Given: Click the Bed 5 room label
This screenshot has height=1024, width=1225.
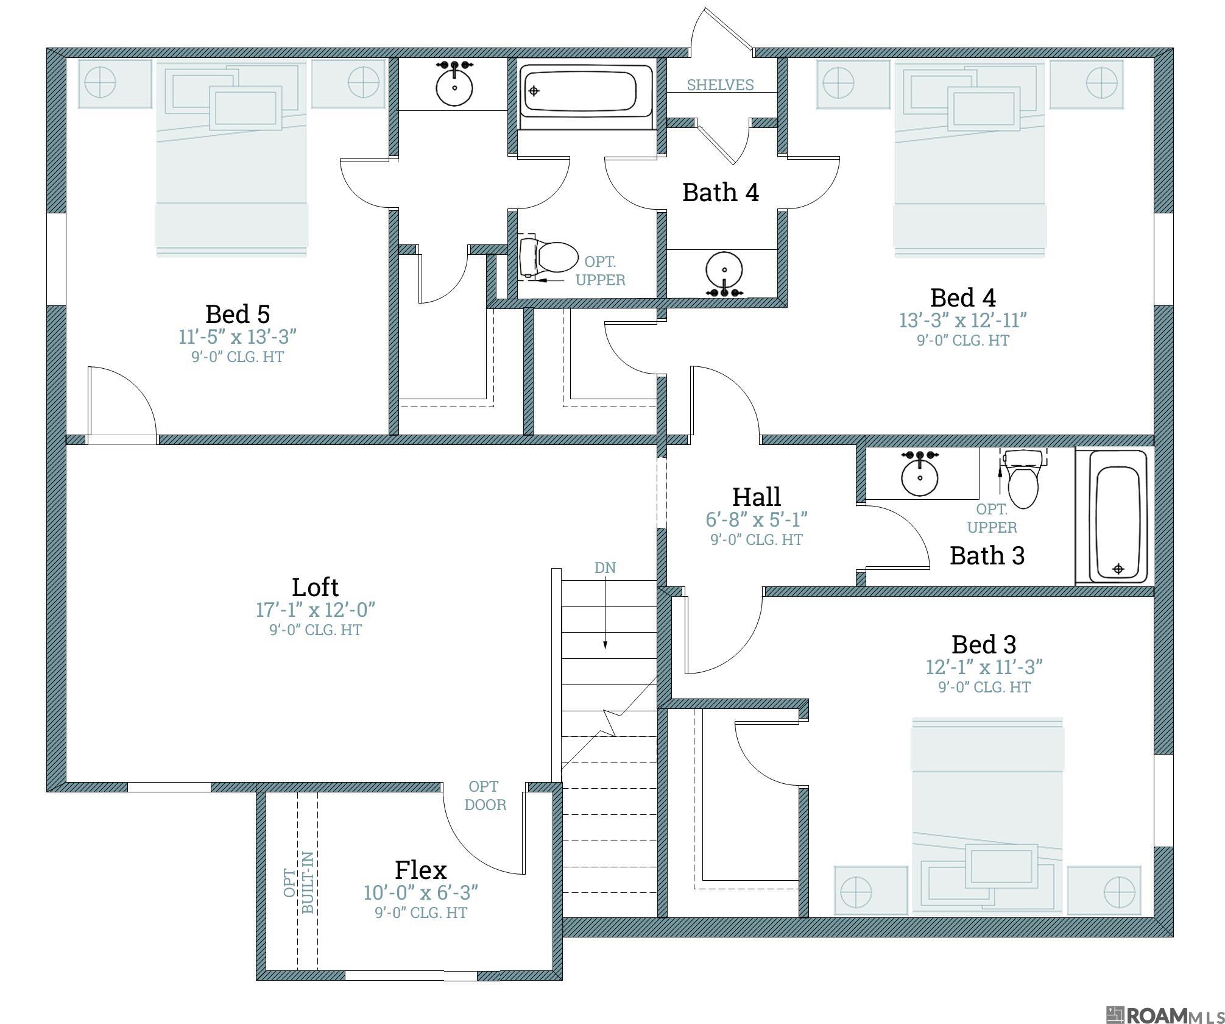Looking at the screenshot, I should tap(237, 315).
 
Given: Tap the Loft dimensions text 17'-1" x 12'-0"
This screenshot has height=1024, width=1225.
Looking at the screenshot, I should tap(315, 610).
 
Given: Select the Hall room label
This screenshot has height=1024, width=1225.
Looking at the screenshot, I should tap(756, 497).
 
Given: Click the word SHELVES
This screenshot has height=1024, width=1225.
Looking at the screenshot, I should tap(720, 85).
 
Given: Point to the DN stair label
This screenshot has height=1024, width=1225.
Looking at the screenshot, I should tap(605, 567).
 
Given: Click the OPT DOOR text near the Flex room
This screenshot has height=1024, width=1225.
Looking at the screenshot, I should tap(485, 795).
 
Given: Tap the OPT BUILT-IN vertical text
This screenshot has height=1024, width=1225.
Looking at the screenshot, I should tap(299, 882).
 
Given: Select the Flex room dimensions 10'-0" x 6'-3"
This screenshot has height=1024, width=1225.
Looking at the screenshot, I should tap(420, 893).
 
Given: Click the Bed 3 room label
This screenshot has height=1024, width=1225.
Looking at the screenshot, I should tap(983, 644).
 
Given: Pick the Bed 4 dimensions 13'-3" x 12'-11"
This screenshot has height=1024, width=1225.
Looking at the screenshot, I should tap(962, 320).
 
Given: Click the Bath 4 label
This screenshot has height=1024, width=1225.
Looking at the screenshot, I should tap(720, 193).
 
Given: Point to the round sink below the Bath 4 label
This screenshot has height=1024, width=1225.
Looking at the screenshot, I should tap(724, 269).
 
